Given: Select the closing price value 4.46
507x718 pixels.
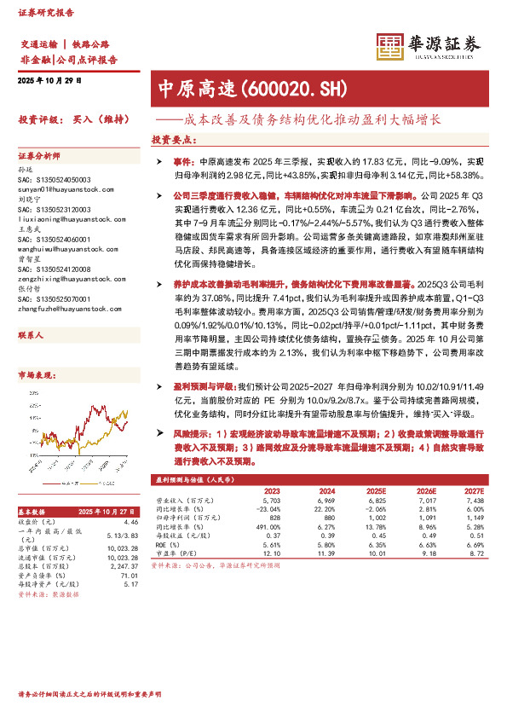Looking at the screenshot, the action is [x=130, y=521].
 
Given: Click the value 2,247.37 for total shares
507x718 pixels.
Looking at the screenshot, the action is [x=124, y=565].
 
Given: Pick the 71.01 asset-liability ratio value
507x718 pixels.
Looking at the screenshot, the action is [x=130, y=576].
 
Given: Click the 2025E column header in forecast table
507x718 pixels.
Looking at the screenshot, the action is [x=375, y=491].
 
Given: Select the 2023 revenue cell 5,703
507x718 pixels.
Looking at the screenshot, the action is [x=272, y=501].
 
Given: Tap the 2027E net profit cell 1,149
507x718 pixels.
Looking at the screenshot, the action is [x=475, y=518].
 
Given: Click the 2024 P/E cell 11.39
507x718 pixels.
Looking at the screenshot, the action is [x=325, y=553].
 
